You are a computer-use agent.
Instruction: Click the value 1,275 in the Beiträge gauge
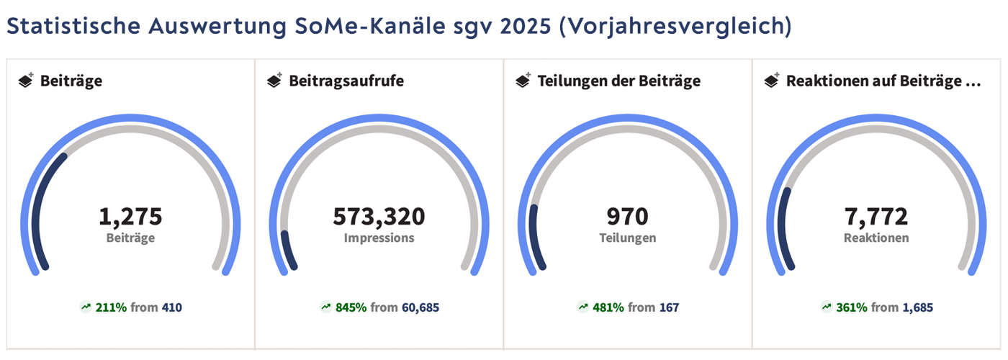tap(130, 216)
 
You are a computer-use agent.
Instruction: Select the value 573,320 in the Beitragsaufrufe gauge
tap(379, 216)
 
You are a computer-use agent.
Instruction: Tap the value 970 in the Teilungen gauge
tap(628, 216)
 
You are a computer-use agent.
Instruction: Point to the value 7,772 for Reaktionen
tap(876, 216)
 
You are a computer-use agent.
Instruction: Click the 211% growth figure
tap(113, 307)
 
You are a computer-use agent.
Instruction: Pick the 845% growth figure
tap(351, 307)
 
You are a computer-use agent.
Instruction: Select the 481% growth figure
tap(609, 307)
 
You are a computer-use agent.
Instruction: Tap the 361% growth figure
tap(852, 307)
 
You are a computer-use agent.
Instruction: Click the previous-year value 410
tap(172, 307)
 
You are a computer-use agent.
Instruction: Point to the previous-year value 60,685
tap(420, 307)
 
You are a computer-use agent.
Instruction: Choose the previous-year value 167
tap(670, 307)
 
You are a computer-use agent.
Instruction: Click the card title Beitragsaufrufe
tap(346, 81)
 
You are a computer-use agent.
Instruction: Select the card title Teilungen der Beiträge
tap(619, 81)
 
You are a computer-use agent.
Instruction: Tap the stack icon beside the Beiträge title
tap(26, 81)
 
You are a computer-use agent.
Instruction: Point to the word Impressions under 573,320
tap(379, 238)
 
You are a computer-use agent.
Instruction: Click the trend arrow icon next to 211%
tap(86, 307)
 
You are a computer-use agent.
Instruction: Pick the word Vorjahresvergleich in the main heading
tap(675, 26)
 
